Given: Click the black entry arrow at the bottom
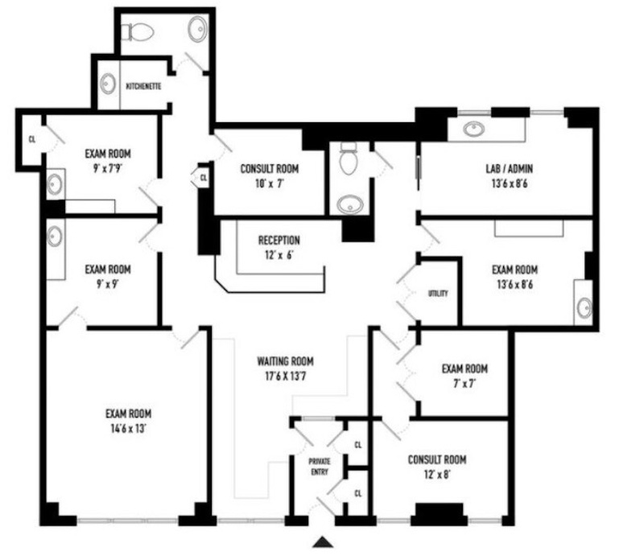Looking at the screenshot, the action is click(323, 542).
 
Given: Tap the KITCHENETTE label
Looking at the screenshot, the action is click(143, 86).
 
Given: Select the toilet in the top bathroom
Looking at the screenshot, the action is click(137, 31).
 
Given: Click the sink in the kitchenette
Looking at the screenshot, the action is click(108, 84).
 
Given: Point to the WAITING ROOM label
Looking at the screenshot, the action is click(286, 361).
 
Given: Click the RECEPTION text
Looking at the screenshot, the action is click(279, 241).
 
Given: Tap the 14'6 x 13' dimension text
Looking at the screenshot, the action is click(129, 429).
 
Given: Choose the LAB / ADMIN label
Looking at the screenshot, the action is click(510, 168).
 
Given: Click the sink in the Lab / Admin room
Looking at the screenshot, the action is click(474, 129).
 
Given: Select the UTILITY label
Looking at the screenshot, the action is click(438, 293).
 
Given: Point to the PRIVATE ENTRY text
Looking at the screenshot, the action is click(320, 467).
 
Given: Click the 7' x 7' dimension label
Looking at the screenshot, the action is click(465, 384).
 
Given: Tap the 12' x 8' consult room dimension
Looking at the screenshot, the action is click(437, 475).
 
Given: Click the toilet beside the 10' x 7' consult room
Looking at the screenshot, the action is click(349, 158).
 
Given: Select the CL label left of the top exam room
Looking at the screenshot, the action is click(32, 139).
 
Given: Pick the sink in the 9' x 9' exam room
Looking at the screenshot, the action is click(55, 237).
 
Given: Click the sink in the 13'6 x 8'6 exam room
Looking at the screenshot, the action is click(584, 307).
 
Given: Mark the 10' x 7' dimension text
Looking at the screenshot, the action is click(270, 183).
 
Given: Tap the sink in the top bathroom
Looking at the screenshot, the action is click(198, 29).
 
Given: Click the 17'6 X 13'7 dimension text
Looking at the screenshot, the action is click(286, 376).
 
